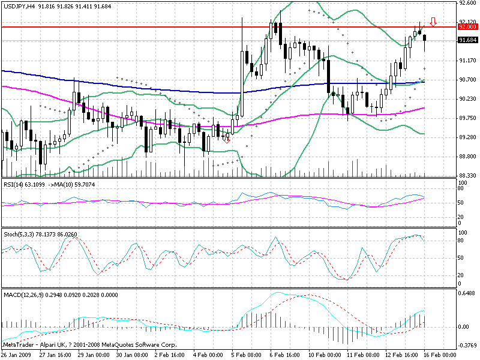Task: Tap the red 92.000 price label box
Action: [467, 27]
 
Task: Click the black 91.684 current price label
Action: [467, 40]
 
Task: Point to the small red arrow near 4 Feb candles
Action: [226, 139]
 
